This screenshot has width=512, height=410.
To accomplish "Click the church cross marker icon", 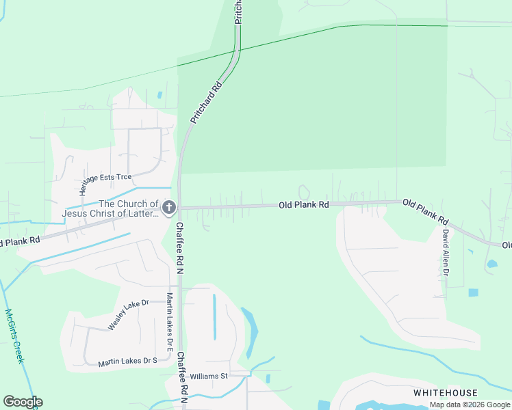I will pyautogui.click(x=169, y=206).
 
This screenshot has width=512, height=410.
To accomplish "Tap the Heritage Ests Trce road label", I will pyautogui.click(x=106, y=180).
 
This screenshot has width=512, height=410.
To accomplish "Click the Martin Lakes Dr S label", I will pyautogui.click(x=127, y=361).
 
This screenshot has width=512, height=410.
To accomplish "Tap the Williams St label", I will pyautogui.click(x=208, y=377).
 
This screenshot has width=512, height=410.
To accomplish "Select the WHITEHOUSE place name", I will pyautogui.click(x=445, y=393).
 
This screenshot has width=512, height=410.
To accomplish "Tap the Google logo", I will pyautogui.click(x=23, y=402).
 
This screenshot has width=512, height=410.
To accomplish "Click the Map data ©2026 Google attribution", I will pyautogui.click(x=470, y=405).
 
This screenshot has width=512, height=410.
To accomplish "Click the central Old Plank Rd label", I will pyautogui.click(x=304, y=204).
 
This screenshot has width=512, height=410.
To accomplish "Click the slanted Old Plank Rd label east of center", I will pyautogui.click(x=425, y=212).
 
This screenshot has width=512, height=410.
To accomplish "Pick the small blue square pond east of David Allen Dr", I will pyautogui.click(x=474, y=292).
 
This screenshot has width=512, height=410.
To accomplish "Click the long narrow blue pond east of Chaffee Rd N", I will pyautogui.click(x=214, y=316).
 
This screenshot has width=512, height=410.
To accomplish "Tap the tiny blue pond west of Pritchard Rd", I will pyautogui.click(x=160, y=95).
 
